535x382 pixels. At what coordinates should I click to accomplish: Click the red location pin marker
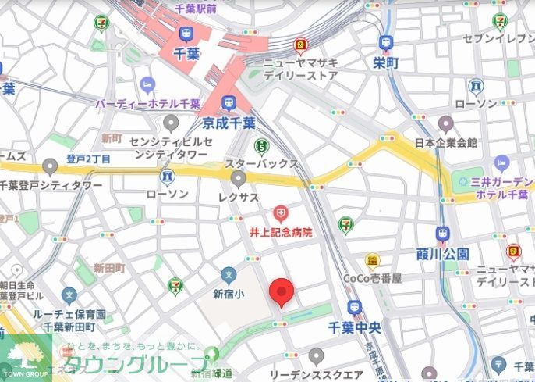coord(282,291)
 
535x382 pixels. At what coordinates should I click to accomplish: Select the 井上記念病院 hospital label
coord(280,232)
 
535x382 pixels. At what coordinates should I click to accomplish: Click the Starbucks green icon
coord(261,146)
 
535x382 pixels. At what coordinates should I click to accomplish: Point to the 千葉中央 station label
coord(356,327)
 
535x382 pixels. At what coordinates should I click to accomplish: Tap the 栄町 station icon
coord(386,43)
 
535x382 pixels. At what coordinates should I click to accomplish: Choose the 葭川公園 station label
coord(442,254)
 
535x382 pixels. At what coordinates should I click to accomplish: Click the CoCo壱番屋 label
coord(373,278)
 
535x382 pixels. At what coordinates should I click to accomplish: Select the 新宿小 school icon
coord(228,275)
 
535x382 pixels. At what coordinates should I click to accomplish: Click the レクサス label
coord(238,198)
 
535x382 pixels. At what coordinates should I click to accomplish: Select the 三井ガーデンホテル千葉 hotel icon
coord(501,163)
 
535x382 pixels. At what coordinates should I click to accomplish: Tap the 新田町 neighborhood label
coord(109,268)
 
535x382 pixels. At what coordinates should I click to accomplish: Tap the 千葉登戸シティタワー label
coord(51,185)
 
